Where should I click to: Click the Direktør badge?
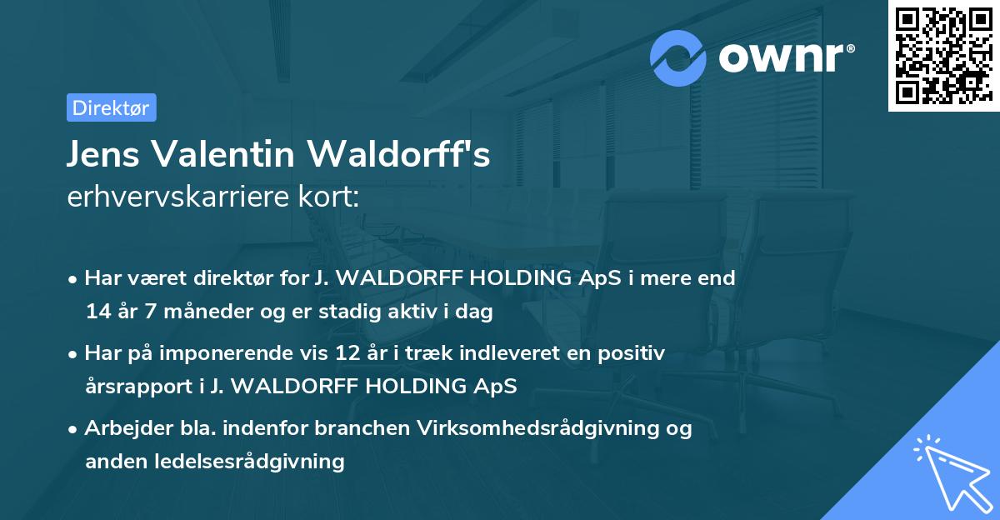pyautogui.click(x=111, y=107)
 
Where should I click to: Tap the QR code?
pyautogui.click(x=943, y=55)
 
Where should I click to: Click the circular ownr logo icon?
pyautogui.click(x=678, y=57)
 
